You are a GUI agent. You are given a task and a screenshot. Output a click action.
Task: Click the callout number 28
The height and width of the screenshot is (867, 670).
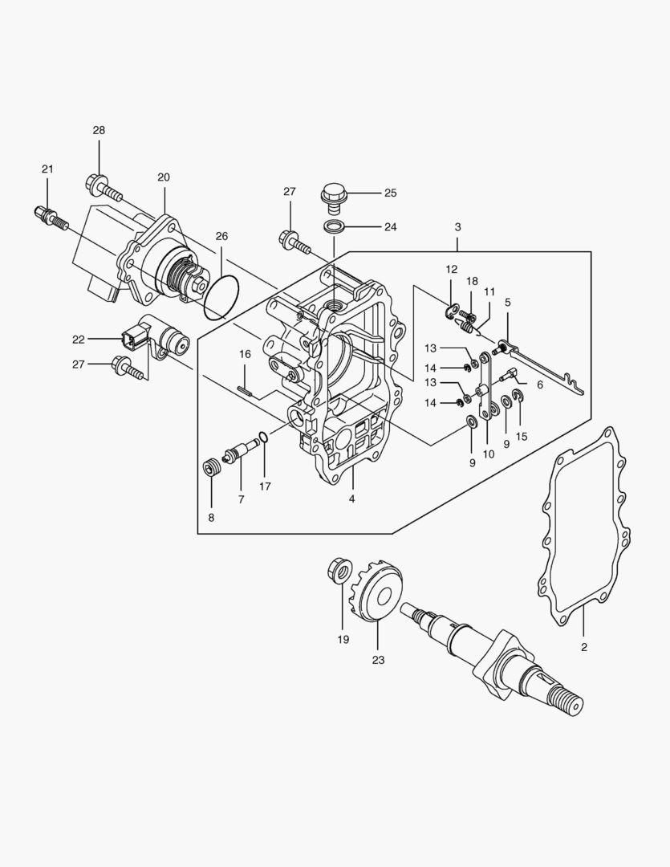[99, 130]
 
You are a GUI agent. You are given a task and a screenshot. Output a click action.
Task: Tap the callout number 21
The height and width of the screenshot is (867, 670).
[47, 169]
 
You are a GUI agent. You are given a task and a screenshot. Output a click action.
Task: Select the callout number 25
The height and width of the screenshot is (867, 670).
[390, 193]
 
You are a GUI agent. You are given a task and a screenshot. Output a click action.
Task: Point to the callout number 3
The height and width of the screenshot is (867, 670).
[457, 227]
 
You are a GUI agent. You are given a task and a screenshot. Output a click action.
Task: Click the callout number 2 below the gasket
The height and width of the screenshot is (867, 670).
[583, 646]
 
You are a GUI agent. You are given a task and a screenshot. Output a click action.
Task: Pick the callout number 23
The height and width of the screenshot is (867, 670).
[378, 660]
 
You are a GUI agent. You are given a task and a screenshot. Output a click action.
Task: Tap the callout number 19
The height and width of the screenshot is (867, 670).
[343, 640]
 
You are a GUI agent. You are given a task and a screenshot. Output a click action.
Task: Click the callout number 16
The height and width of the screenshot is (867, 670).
[245, 354]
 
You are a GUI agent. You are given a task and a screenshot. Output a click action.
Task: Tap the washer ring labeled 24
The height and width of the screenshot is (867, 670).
[335, 226]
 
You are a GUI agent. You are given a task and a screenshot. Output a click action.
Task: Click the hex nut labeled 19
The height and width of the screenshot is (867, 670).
[339, 572]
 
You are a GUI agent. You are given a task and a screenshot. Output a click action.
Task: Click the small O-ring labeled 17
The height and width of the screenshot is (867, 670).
[262, 438]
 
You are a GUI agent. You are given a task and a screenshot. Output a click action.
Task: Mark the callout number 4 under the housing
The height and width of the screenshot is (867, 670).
[351, 499]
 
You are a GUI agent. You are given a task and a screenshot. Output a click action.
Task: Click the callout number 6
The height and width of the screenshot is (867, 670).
[539, 385]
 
